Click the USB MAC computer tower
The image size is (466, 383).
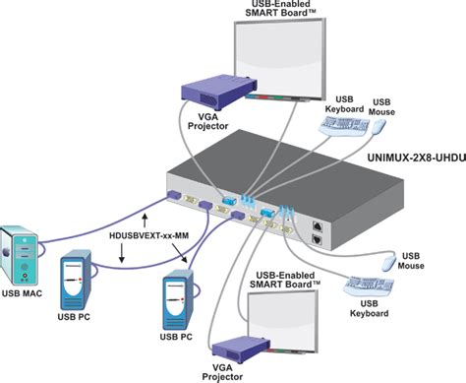click(23, 254)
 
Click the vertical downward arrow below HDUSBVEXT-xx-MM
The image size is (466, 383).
click(121, 254)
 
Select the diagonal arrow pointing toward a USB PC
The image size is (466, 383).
click(179, 258)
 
